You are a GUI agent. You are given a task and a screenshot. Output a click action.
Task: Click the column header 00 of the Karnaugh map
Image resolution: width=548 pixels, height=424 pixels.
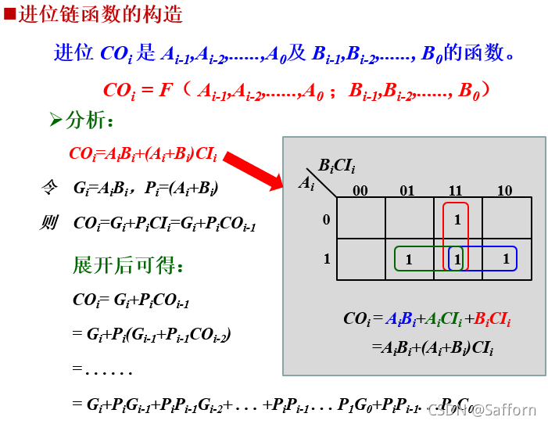tap(360, 191)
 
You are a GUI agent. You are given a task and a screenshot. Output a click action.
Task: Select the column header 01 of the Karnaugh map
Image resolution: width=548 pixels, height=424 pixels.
tap(407, 191)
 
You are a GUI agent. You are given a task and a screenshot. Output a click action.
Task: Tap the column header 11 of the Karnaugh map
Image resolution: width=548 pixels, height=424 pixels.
tap(456, 191)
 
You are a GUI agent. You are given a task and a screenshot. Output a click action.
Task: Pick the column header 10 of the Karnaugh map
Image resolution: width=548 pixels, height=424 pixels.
tap(504, 191)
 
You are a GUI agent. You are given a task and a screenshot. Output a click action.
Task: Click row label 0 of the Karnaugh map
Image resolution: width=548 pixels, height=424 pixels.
tap(327, 219)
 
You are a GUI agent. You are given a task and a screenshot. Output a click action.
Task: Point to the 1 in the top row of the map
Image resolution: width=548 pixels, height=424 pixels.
tap(457, 220)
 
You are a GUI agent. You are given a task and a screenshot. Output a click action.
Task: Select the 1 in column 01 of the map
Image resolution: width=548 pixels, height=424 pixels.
tap(408, 260)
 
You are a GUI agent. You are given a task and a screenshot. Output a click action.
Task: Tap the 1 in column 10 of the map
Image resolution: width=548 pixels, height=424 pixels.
tap(506, 259)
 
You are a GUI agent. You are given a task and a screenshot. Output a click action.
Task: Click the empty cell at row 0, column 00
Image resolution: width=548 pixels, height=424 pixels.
tap(360, 218)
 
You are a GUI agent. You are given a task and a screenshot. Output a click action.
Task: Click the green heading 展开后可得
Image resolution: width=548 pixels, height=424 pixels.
tap(128, 266)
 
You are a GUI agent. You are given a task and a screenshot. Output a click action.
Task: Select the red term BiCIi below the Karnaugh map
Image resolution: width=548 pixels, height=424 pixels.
tap(492, 319)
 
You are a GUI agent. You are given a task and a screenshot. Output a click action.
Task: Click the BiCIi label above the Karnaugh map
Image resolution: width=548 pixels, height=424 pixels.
tap(337, 166)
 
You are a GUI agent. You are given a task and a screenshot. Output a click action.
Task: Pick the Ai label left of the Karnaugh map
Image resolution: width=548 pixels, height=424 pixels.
tap(306, 183)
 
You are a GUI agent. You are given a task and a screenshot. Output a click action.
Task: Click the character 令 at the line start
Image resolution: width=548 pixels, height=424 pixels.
tap(48, 188)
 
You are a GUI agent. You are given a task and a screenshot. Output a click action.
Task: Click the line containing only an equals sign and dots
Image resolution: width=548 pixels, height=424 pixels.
tap(102, 368)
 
